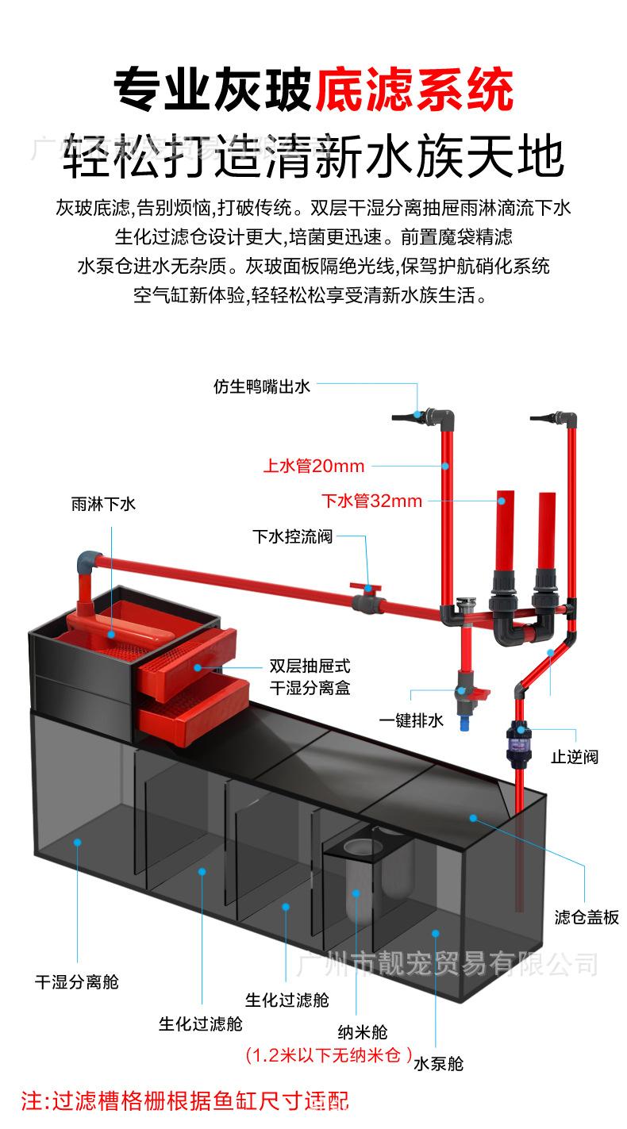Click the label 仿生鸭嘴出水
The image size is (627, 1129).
(261, 386)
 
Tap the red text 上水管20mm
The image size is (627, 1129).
(313, 466)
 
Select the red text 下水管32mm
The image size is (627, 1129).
(371, 501)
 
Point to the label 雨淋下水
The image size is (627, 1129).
(103, 504)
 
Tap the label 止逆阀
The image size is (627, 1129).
(575, 756)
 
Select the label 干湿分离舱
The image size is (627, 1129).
(76, 981)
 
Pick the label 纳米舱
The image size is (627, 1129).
(363, 1032)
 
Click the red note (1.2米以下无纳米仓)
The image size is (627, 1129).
(329, 1055)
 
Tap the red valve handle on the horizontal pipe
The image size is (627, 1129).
(367, 589)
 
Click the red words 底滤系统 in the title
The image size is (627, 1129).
(414, 90)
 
